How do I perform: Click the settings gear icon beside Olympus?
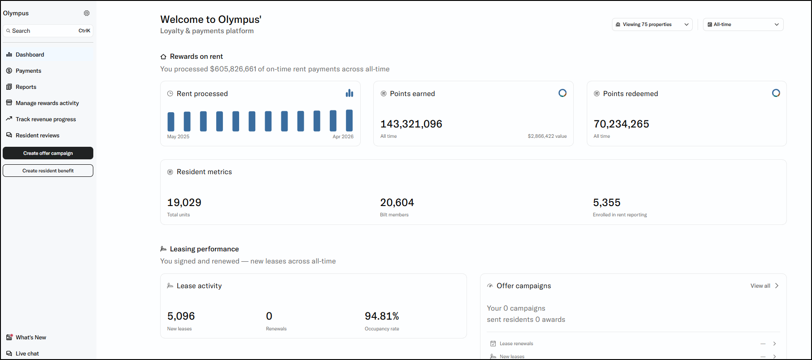(x=87, y=13)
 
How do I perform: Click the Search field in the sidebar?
(x=48, y=31)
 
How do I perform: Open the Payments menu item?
(x=28, y=71)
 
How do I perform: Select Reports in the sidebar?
(x=26, y=87)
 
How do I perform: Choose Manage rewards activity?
(x=47, y=103)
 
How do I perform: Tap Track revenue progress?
(x=46, y=119)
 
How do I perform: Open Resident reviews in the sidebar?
(x=37, y=136)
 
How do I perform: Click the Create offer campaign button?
(x=48, y=153)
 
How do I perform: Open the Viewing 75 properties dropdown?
(x=652, y=25)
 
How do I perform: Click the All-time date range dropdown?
(x=743, y=25)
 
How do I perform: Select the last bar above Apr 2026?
(x=349, y=120)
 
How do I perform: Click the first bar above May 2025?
(x=171, y=122)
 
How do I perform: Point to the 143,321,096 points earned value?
(x=411, y=124)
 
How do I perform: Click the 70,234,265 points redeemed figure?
(x=621, y=124)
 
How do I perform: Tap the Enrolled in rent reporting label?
(x=620, y=215)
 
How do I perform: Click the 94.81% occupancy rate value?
(x=382, y=316)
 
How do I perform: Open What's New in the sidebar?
(x=31, y=338)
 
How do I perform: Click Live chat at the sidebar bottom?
(x=27, y=354)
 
